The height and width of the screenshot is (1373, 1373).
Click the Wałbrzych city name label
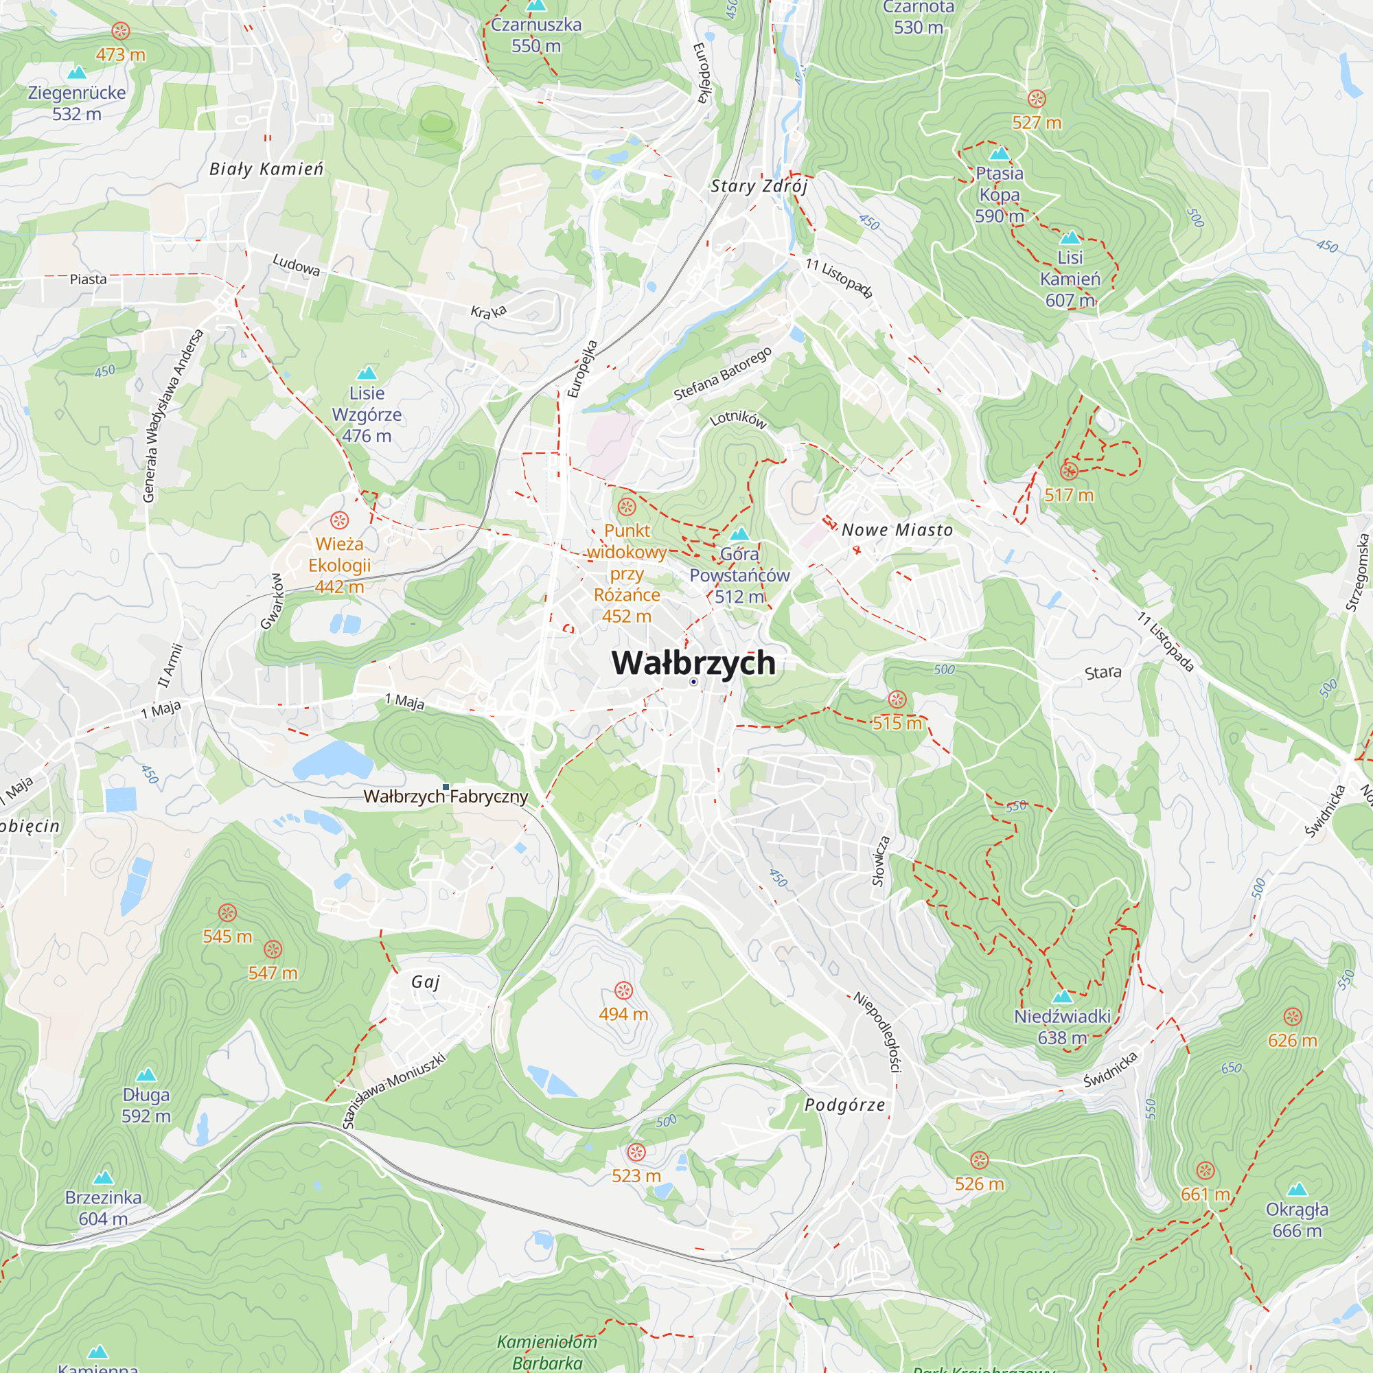click(693, 662)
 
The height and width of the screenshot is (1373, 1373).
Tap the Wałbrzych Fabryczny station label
click(446, 796)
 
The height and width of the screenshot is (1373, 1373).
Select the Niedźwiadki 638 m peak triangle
click(1062, 996)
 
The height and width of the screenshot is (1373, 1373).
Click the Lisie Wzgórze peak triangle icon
click(367, 373)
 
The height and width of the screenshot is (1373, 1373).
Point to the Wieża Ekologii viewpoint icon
click(340, 520)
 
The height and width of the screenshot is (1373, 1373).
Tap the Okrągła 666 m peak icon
click(1297, 1190)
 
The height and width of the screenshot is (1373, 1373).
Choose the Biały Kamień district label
click(266, 169)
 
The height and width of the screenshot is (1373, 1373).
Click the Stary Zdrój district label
click(759, 186)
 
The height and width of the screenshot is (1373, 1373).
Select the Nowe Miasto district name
click(897, 530)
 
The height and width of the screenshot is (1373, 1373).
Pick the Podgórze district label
click(845, 1105)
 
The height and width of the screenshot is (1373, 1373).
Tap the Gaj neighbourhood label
click(426, 982)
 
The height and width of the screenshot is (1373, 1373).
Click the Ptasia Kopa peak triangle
click(999, 153)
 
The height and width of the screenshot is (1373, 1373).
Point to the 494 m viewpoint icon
click(623, 991)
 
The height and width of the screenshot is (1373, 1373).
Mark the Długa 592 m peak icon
click(146, 1074)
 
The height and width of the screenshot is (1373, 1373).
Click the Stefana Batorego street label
click(722, 374)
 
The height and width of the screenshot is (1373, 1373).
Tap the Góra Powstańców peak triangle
click(740, 533)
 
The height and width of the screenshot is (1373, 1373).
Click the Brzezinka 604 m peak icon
click(103, 1177)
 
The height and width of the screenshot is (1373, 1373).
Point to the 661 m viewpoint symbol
click(1205, 1170)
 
